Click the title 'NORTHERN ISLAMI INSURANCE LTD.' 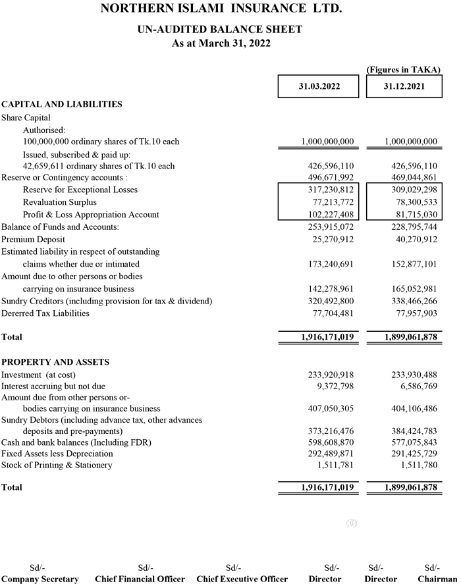pos(221,9)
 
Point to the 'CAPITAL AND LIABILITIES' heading pos(62,104)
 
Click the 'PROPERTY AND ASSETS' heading pos(55,362)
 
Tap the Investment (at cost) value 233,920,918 pos(331,374)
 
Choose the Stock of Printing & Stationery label pos(57,465)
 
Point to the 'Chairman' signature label pos(437,579)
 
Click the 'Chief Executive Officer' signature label pos(242,579)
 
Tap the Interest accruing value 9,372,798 pos(336,386)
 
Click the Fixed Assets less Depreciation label pos(57,454)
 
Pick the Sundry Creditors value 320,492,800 pos(331,301)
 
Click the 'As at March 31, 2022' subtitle pos(221,43)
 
